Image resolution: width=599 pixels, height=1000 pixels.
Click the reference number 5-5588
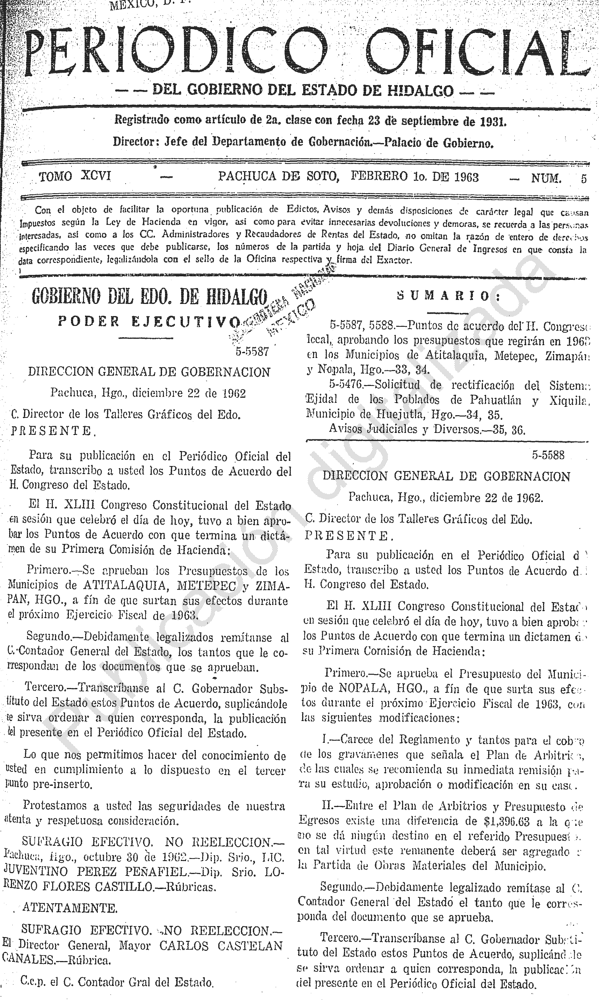point(548,455)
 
